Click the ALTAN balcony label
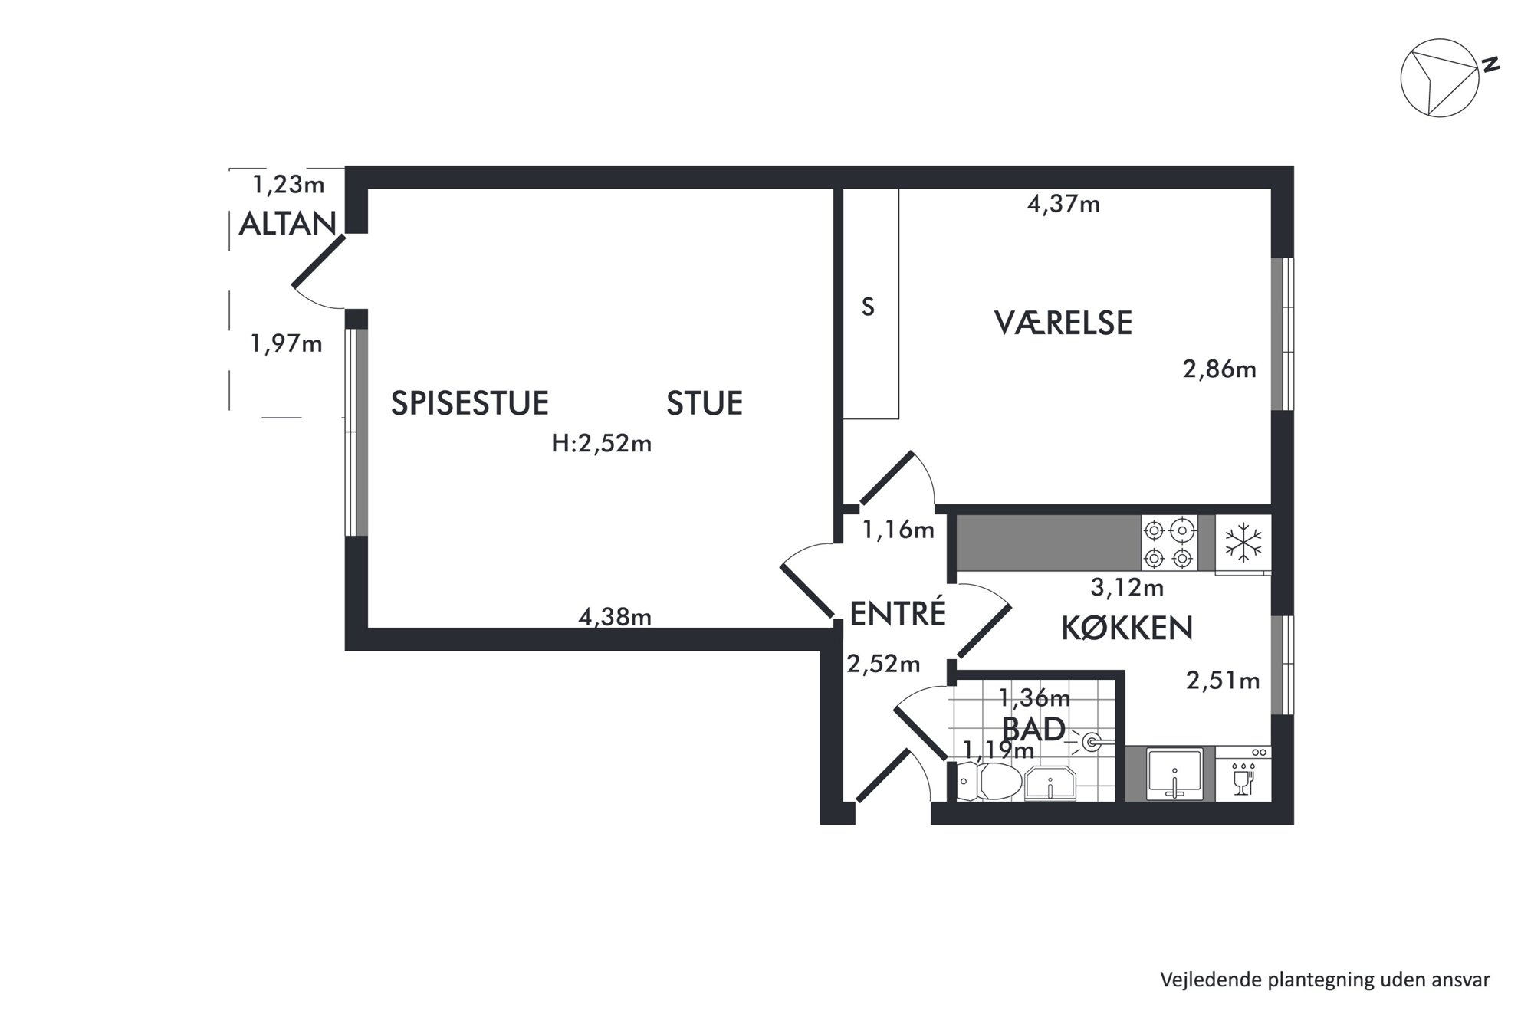[287, 224]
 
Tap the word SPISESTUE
[470, 403]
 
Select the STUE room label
[705, 403]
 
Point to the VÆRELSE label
[1063, 323]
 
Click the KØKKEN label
[1127, 628]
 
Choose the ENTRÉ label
[898, 613]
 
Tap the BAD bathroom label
[1034, 728]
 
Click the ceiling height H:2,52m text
[602, 444]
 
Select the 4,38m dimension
[615, 616]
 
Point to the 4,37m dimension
[1063, 204]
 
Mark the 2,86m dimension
[1220, 369]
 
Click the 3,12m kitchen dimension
[1127, 588]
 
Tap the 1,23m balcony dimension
[289, 184]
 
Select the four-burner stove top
[1169, 543]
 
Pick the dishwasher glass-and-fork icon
[1243, 779]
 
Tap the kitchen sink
[1174, 774]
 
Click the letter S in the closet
[868, 307]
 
